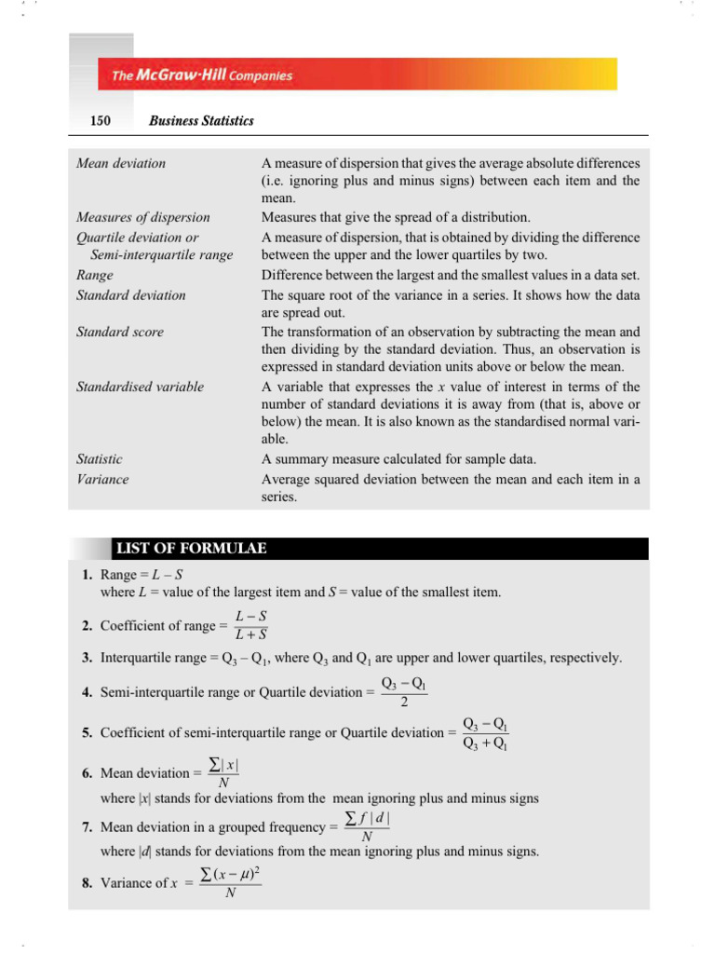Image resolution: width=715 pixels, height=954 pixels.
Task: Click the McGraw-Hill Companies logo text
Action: click(202, 75)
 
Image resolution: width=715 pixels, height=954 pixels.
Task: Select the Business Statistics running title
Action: click(200, 121)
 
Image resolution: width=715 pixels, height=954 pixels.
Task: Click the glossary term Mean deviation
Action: click(121, 163)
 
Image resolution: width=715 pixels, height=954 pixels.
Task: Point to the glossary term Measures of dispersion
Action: click(142, 217)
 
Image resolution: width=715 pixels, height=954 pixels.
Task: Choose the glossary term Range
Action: click(94, 275)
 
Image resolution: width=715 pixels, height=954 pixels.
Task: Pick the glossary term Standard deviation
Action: click(130, 294)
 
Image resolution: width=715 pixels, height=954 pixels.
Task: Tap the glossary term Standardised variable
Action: click(140, 386)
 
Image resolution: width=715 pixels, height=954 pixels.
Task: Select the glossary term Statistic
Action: click(99, 459)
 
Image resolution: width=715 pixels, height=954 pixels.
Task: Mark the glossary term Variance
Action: click(102, 479)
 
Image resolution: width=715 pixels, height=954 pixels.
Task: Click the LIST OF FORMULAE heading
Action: click(190, 548)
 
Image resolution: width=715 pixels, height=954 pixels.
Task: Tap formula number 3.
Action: click(86, 658)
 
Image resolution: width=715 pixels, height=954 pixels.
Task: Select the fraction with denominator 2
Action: click(404, 692)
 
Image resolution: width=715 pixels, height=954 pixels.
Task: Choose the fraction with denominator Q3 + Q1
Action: click(485, 733)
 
